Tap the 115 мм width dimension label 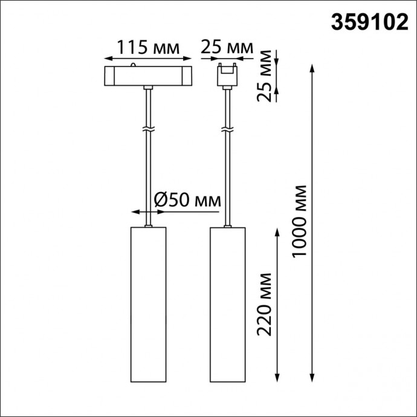point(148,47)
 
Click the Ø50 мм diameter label point(187,199)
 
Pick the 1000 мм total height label point(300,221)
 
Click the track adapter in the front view point(148,76)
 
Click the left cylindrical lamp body point(148,305)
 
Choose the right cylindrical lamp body point(227,305)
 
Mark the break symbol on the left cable point(148,129)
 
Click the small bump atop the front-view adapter point(132,64)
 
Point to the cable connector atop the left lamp point(148,226)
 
